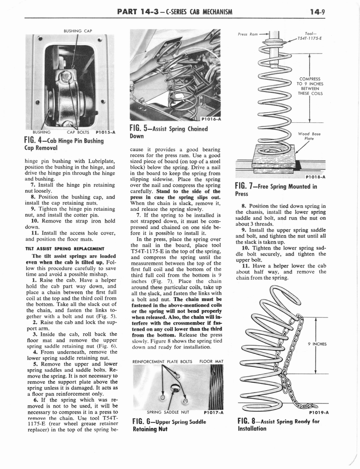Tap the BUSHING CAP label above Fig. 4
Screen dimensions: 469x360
tap(77, 31)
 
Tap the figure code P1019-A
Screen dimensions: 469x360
tap(315, 412)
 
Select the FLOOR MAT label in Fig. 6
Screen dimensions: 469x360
tap(211, 361)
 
